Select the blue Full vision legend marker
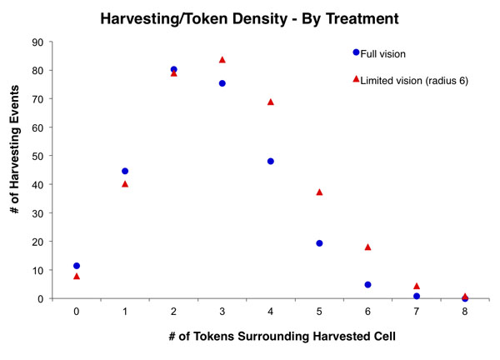(356, 52)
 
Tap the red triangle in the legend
(356, 79)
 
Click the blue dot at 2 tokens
(173, 69)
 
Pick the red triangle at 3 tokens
(222, 60)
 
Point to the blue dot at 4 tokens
(271, 161)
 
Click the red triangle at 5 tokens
(319, 192)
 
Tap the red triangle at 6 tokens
(367, 247)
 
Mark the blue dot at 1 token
(125, 171)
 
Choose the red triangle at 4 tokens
(271, 102)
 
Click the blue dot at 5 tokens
(319, 243)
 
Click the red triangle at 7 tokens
(417, 286)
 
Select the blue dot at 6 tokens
(367, 284)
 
